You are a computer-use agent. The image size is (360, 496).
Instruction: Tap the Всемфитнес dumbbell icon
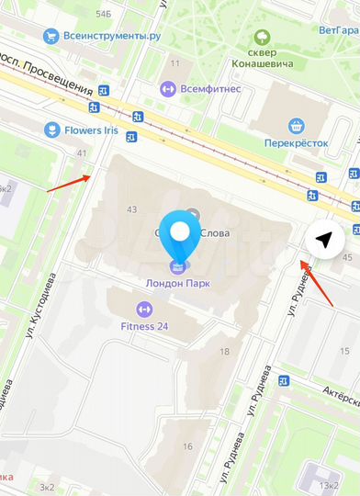click(167, 88)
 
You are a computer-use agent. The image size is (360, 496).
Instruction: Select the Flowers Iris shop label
click(91, 130)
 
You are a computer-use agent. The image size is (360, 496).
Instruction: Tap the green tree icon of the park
click(264, 38)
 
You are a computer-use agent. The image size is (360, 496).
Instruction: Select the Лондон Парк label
click(180, 283)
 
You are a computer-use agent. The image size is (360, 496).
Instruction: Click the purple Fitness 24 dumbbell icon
click(144, 308)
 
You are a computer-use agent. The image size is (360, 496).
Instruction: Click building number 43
click(131, 210)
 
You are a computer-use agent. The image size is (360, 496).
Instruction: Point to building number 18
click(224, 352)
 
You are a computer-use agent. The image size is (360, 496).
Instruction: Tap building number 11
click(174, 63)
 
